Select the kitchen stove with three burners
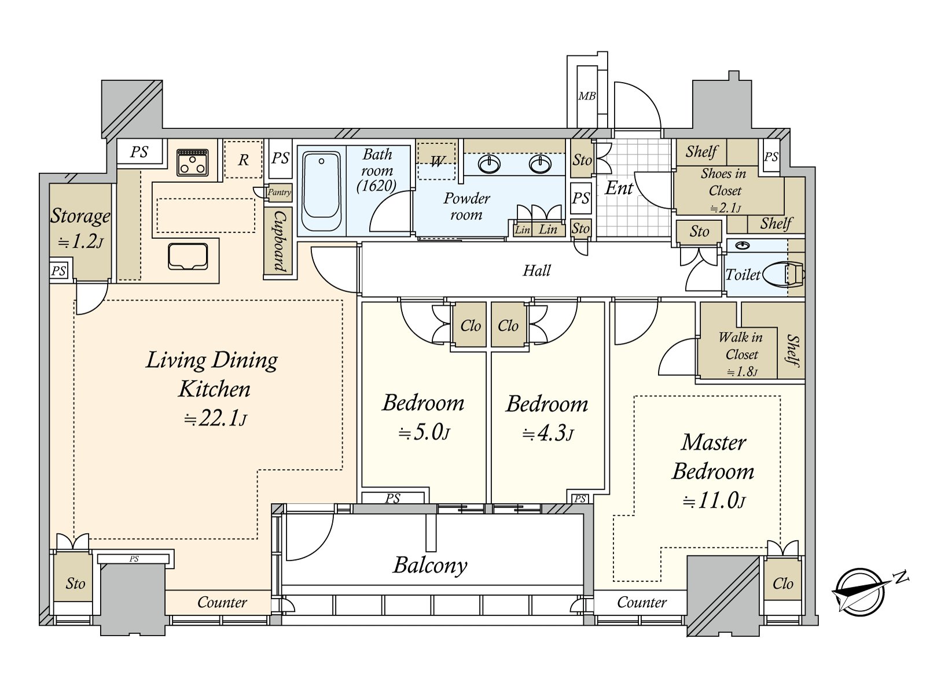pyautogui.click(x=193, y=161)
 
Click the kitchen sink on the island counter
pyautogui.click(x=188, y=256)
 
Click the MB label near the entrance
pyautogui.click(x=587, y=96)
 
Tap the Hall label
pyautogui.click(x=537, y=270)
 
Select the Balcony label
pyautogui.click(x=430, y=565)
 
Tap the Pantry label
pyautogui.click(x=279, y=193)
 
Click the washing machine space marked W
pyautogui.click(x=437, y=161)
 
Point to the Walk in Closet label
pyautogui.click(x=741, y=345)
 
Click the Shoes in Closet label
pyautogui.click(x=723, y=182)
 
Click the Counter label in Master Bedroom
pyautogui.click(x=641, y=603)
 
